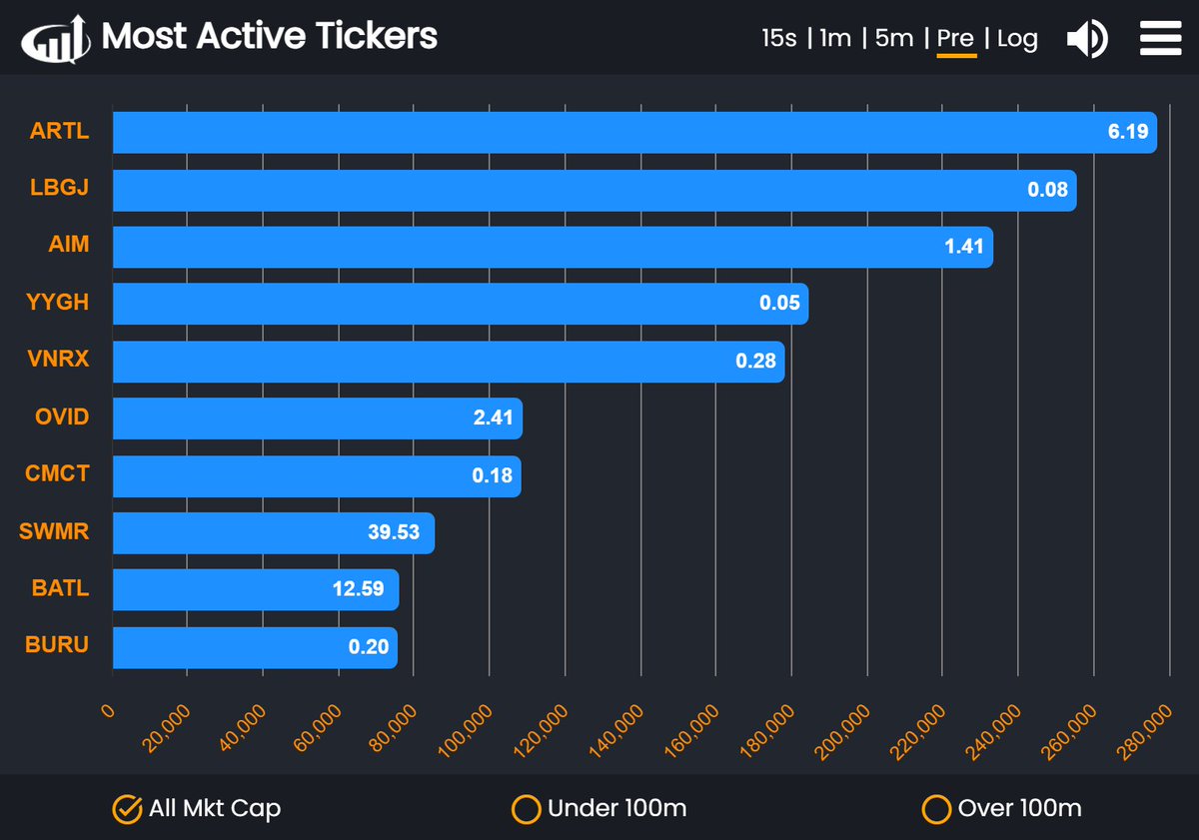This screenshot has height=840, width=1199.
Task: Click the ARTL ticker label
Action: coord(59,131)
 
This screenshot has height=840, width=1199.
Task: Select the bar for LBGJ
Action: coord(594,190)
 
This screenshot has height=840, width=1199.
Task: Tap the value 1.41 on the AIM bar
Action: coord(964,247)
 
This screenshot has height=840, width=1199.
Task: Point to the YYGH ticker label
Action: coord(58,303)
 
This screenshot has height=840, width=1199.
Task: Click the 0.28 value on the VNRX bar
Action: coord(755,361)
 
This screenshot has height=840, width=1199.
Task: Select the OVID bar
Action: coord(317,418)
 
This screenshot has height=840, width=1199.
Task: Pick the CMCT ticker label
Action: coord(57,474)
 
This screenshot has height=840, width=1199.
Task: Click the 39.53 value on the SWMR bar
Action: coord(394,532)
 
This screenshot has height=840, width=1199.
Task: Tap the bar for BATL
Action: coord(255,589)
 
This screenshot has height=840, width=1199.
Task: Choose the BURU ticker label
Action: coord(57,645)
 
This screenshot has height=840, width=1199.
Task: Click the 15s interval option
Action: coord(778,39)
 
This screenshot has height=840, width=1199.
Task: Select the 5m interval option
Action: coord(893,39)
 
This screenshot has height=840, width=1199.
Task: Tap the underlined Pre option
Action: coord(955,39)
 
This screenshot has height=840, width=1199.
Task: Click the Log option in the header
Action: coord(1017,39)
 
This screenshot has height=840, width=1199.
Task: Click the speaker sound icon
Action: coord(1086,40)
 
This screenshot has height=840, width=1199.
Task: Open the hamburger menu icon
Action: coord(1161,39)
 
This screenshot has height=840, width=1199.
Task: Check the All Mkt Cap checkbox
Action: coord(126,809)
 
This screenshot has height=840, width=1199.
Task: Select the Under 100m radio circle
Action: coord(526,809)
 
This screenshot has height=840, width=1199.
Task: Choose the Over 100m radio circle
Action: coord(935,809)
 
